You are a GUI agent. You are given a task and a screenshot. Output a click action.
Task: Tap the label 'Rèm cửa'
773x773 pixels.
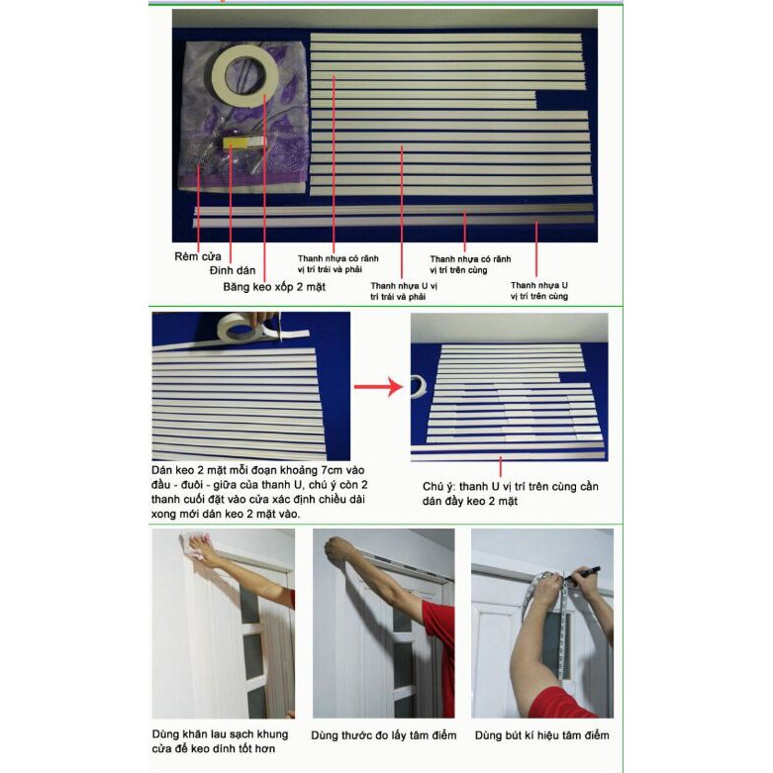pyautogui.click(x=198, y=256)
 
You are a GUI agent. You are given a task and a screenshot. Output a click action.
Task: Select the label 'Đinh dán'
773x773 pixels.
pyautogui.click(x=233, y=270)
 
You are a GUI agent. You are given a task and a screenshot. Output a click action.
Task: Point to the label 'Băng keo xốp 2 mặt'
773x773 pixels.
pyautogui.click(x=274, y=287)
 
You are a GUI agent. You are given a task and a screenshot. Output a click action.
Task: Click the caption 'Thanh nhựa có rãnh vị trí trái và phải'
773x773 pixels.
pyautogui.click(x=338, y=263)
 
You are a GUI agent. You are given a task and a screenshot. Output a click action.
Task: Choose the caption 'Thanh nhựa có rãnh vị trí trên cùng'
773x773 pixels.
pyautogui.click(x=470, y=264)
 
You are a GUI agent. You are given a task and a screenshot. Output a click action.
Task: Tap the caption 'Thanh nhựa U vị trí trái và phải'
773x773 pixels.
pyautogui.click(x=404, y=291)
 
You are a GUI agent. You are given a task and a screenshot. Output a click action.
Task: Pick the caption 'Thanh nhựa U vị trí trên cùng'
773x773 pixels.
pyautogui.click(x=539, y=290)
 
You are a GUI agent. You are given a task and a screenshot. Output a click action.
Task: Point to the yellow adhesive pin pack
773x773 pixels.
pyautogui.click(x=243, y=142)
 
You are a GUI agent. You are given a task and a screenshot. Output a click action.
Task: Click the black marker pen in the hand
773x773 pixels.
pyautogui.click(x=583, y=573)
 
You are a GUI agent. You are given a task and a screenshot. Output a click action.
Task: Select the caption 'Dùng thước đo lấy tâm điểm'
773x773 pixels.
pyautogui.click(x=384, y=735)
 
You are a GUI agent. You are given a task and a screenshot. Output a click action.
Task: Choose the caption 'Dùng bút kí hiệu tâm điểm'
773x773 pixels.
pyautogui.click(x=541, y=735)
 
